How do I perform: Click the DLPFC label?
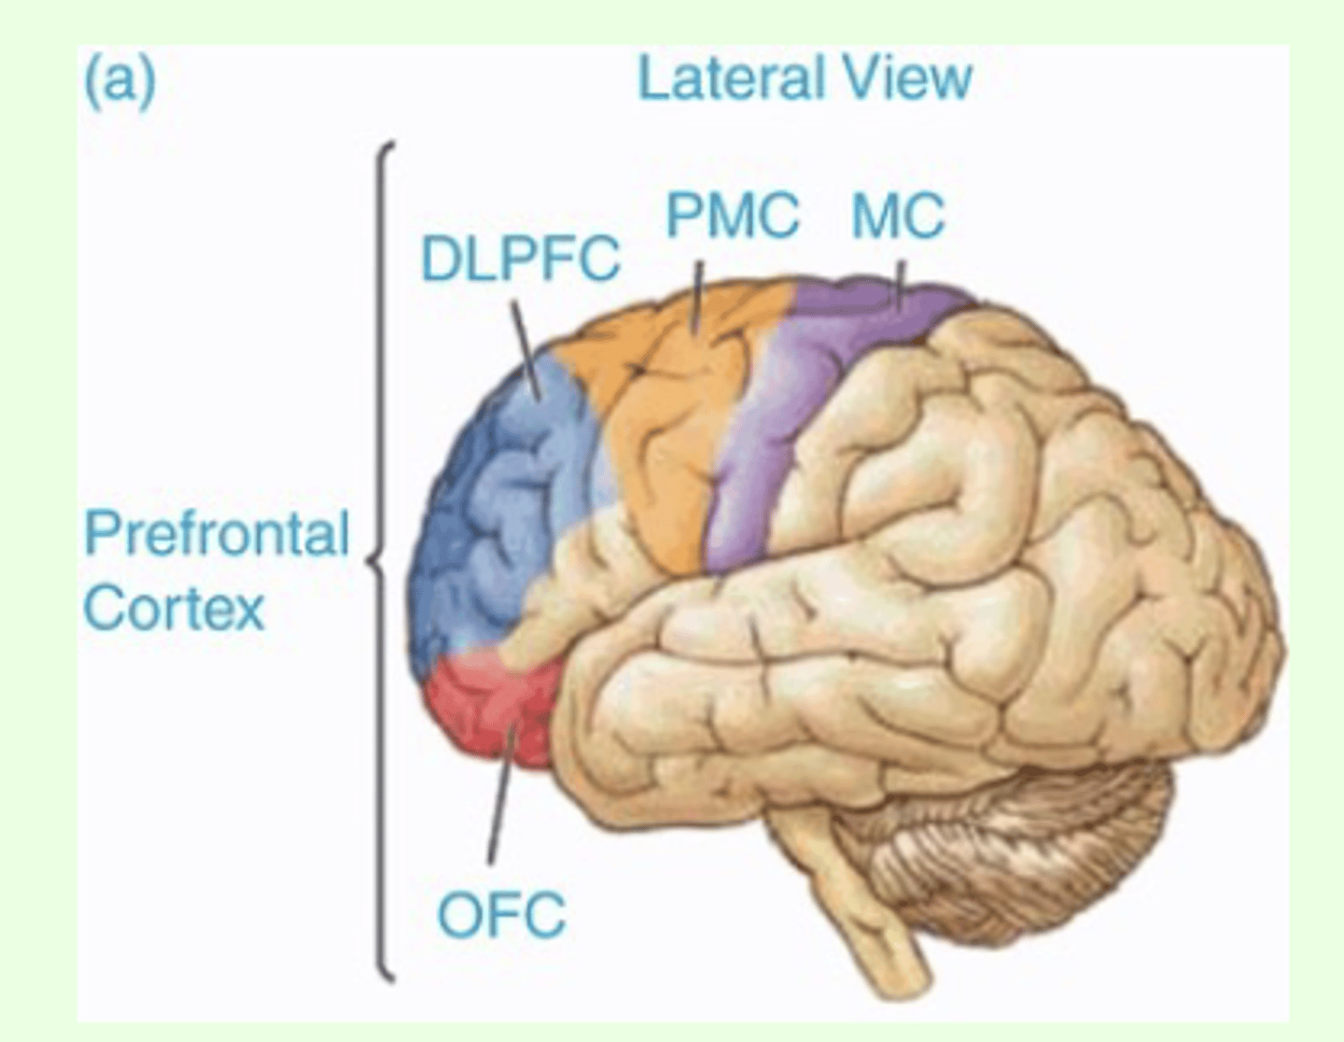click(x=520, y=259)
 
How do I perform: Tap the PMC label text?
click(x=732, y=216)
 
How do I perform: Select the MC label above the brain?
click(x=898, y=216)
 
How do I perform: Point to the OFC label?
click(x=501, y=915)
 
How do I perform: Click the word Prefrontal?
click(x=217, y=534)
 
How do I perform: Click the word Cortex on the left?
click(x=175, y=609)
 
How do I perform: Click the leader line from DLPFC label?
click(x=525, y=350)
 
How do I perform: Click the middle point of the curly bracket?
click(x=375, y=560)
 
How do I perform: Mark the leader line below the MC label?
click(x=900, y=286)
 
